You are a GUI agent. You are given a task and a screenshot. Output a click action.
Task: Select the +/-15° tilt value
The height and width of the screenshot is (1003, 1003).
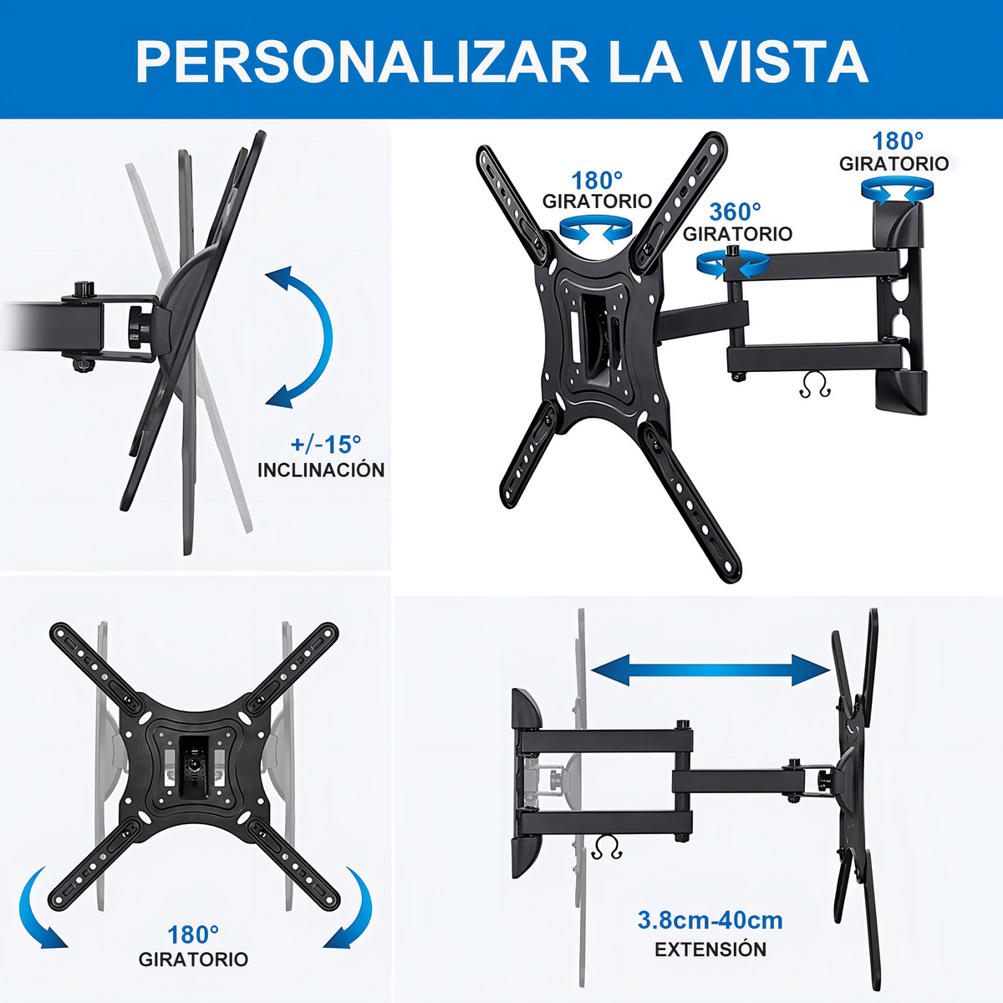(325, 444)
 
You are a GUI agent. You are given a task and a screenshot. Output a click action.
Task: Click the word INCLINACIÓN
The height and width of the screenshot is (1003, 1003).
(321, 470)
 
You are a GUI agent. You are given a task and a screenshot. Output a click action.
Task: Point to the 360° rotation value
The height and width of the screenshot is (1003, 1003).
(735, 211)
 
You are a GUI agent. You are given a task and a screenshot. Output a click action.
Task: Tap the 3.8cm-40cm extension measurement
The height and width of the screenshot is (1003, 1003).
(710, 920)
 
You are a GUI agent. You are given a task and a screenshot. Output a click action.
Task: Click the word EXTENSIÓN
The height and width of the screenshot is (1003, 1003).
(710, 950)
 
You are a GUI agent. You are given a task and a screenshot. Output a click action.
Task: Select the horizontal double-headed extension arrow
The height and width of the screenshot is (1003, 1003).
(711, 670)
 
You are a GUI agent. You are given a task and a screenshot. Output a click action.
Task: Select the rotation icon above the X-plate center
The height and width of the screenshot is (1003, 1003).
(596, 230)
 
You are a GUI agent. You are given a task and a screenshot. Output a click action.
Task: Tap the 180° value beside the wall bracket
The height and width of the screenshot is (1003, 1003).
(898, 141)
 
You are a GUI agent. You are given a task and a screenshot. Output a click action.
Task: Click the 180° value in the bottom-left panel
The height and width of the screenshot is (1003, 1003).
(192, 935)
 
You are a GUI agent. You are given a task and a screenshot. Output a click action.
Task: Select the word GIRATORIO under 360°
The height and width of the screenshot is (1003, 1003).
(737, 234)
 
